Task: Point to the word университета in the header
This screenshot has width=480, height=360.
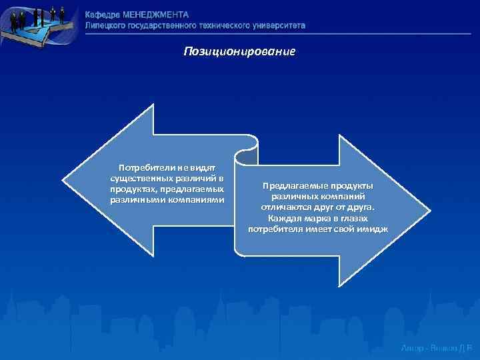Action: pos(279,25)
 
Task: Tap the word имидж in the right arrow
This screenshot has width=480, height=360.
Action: pos(374,229)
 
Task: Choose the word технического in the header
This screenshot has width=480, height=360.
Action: pos(227,25)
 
